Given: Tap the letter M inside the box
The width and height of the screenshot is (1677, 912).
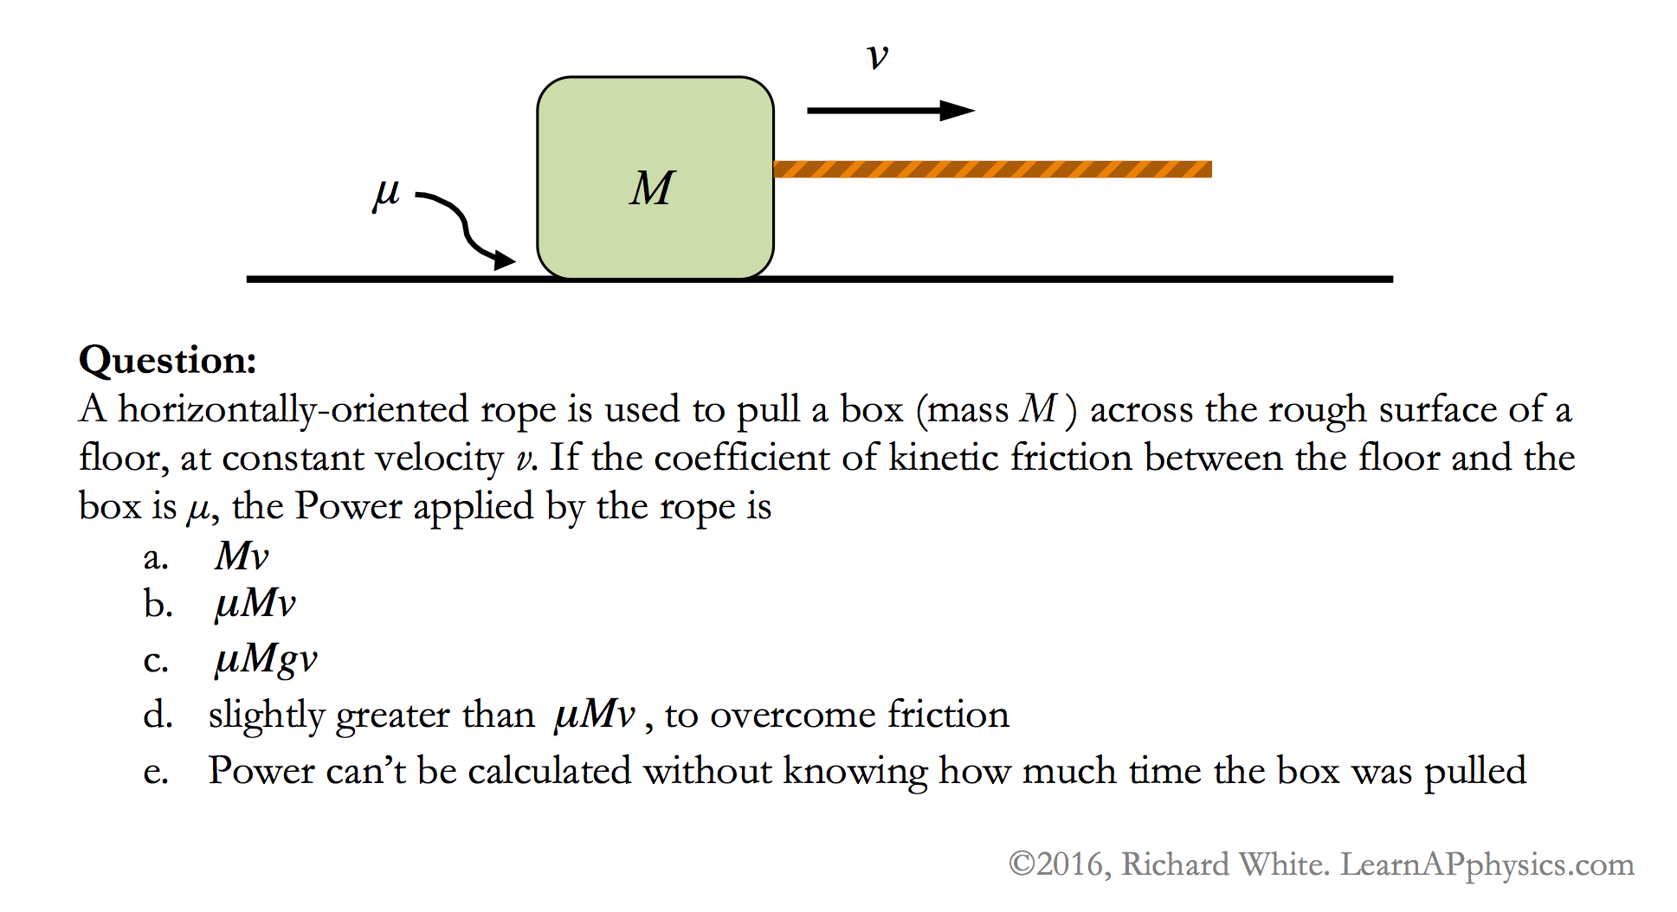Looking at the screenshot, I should (651, 188).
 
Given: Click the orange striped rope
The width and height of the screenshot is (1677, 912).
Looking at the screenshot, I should (992, 169).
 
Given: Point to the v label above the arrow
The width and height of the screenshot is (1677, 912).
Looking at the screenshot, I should (877, 57).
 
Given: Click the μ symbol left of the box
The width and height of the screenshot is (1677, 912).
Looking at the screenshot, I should (386, 194).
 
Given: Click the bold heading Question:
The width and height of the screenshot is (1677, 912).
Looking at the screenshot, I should (168, 360).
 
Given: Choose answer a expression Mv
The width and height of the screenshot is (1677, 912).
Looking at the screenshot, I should (242, 556).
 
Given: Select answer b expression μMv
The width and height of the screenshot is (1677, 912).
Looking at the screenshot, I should (255, 604).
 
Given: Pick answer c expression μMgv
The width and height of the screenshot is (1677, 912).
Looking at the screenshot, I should (265, 659).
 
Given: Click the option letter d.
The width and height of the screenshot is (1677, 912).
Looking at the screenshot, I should (158, 715).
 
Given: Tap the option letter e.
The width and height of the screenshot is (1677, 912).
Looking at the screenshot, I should (156, 772).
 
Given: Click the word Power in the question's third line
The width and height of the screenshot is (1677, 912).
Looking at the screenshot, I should (348, 506).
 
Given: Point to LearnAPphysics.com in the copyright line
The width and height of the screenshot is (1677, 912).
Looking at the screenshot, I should (1487, 864).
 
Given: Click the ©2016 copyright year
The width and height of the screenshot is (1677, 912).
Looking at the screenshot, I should (1059, 864).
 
